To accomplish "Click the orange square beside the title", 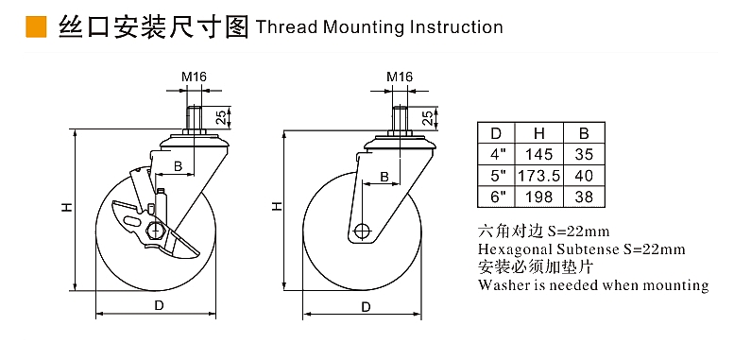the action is coord(36,26).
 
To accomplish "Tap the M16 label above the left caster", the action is coord(194,77).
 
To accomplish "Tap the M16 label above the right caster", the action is coord(400,77).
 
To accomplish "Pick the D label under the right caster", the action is coord(367,307).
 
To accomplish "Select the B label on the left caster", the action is coord(178,165).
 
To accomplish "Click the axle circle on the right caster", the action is coord(362,231).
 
